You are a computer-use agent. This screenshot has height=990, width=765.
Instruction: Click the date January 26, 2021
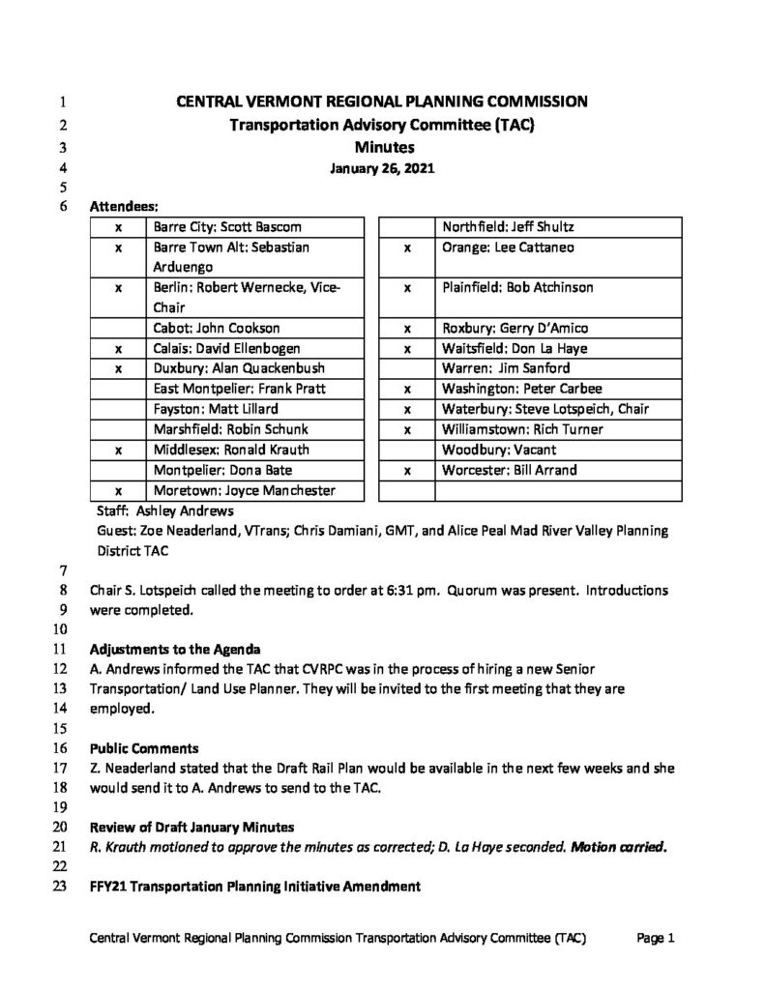(382, 167)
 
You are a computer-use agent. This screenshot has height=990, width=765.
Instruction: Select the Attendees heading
(125, 206)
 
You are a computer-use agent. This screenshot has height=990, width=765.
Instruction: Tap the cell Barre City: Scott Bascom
(227, 227)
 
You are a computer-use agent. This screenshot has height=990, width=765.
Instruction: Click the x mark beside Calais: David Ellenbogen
(118, 348)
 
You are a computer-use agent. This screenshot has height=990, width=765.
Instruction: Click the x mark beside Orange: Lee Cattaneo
(408, 247)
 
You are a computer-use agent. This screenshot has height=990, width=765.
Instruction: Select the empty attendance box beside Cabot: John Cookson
(118, 328)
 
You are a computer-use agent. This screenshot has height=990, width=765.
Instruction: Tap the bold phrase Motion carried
(618, 848)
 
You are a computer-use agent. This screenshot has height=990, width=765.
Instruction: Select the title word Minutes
(382, 147)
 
